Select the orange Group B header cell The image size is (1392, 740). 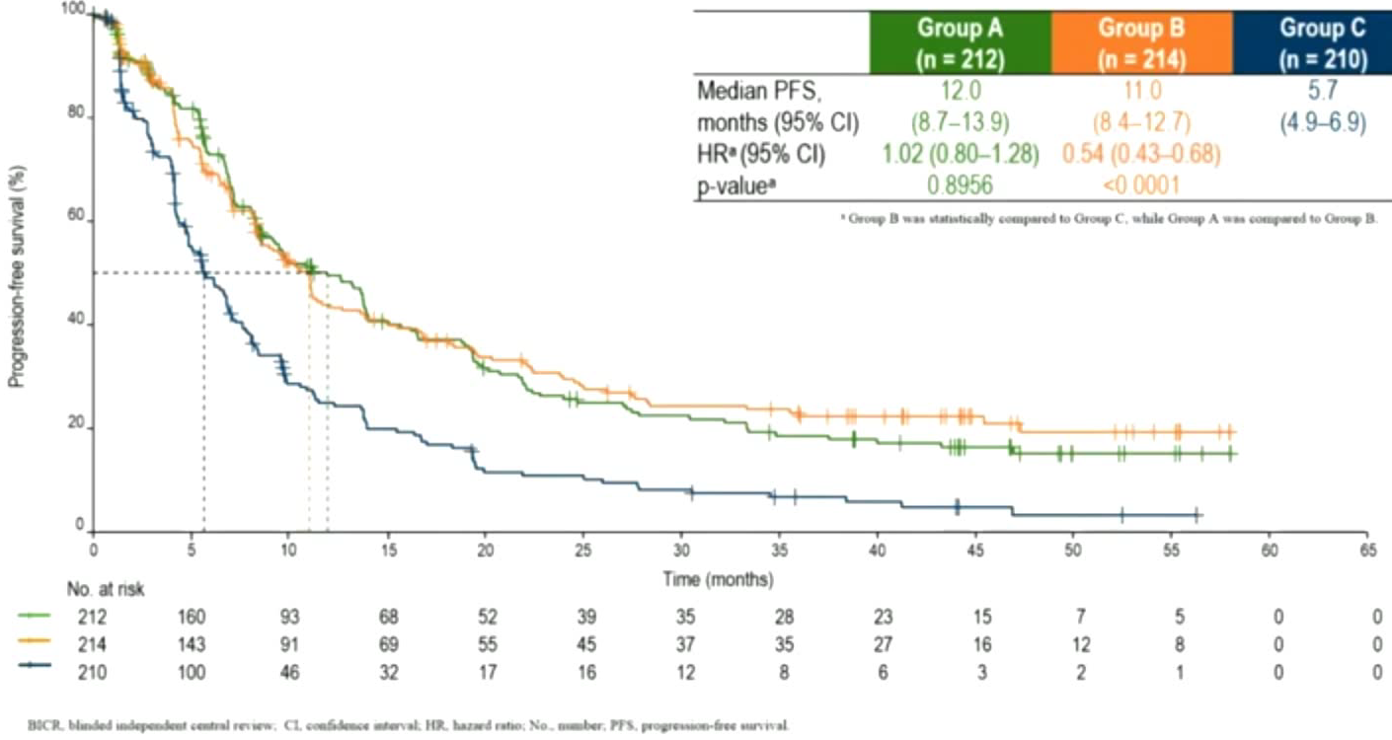point(1142,42)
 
